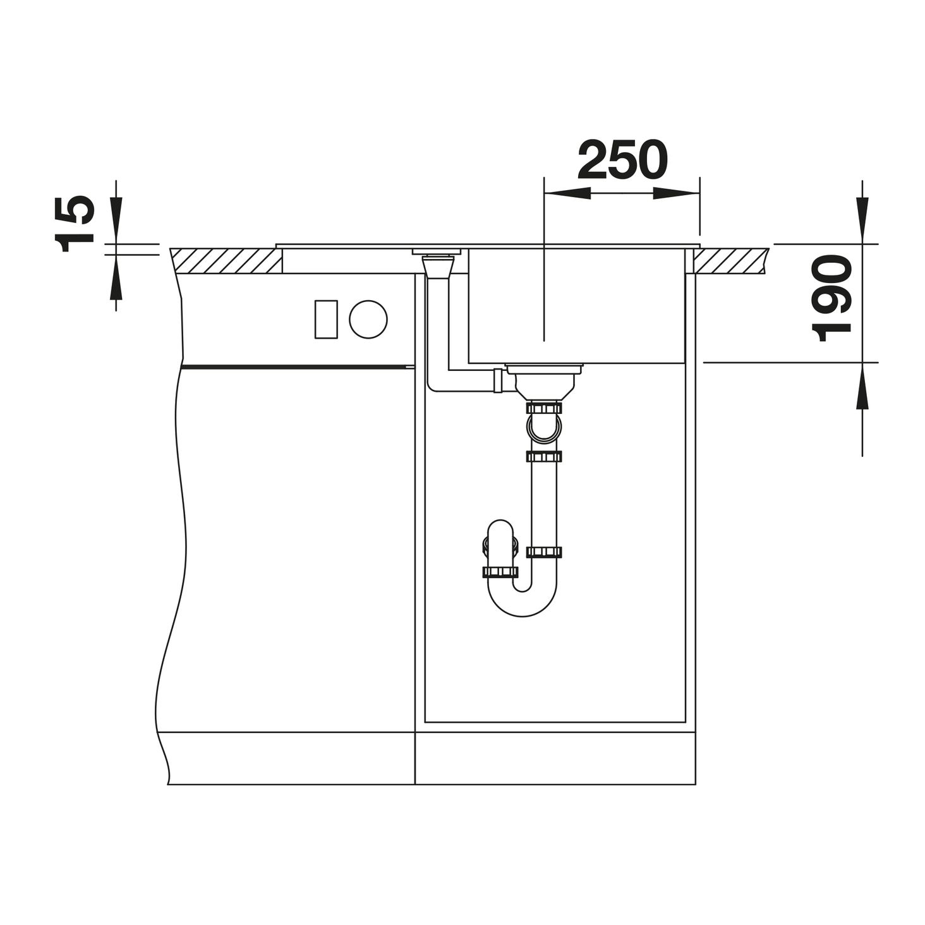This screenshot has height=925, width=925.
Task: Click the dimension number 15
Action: (x=74, y=224)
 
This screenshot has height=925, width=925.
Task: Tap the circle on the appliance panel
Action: (x=368, y=318)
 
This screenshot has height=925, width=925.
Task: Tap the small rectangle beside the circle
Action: (x=326, y=319)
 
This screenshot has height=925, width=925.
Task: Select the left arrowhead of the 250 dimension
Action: (x=569, y=193)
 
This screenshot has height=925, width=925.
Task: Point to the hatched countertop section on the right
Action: (x=731, y=261)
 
